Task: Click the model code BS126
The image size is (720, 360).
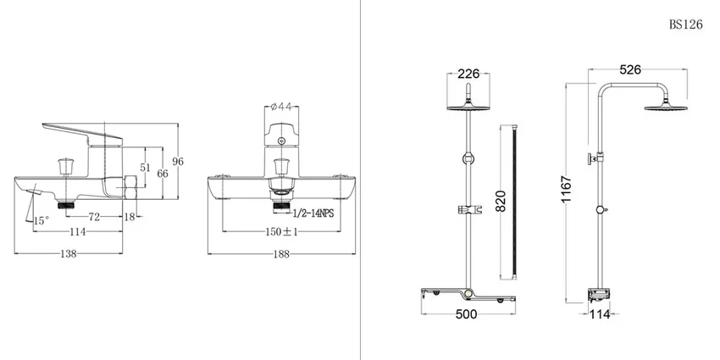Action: click(685, 25)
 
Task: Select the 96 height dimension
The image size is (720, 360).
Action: click(178, 161)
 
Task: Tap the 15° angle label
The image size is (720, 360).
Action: click(41, 221)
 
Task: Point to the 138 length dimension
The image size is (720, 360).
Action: click(69, 253)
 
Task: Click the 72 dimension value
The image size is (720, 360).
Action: click(94, 217)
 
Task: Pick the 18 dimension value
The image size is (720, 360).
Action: click(130, 217)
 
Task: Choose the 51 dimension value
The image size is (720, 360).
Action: click(145, 168)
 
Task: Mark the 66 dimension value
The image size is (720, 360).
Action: click(163, 174)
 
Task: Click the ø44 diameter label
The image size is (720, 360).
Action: click(281, 107)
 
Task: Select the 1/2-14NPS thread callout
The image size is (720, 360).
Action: click(313, 213)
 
